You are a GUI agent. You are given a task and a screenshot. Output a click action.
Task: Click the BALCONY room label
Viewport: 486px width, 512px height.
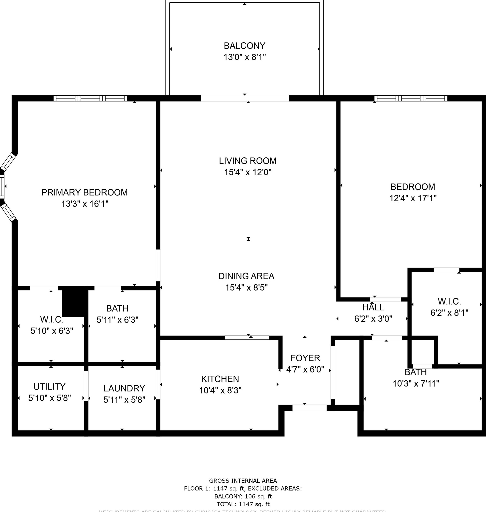tap(245, 46)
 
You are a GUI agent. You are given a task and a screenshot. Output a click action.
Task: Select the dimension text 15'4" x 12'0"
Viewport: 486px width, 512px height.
tap(248, 172)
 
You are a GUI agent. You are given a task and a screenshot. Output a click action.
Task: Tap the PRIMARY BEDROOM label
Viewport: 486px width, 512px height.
tap(84, 192)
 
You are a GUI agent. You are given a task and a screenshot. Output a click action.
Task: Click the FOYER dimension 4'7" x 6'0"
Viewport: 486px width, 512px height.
tap(305, 369)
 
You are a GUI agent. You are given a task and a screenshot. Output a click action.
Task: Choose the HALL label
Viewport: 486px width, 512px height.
tap(373, 307)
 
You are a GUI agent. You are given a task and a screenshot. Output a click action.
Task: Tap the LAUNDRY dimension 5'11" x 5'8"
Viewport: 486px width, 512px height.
tap(124, 400)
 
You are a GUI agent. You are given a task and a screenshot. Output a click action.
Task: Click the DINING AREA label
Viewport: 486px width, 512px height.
tap(246, 276)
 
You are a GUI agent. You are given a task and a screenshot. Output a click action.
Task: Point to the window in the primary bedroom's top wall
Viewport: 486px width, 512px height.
tap(90, 98)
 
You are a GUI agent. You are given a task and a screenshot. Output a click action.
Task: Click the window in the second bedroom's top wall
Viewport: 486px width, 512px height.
tap(411, 98)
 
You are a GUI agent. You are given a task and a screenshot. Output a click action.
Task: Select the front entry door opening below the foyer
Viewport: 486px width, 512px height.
tap(309, 408)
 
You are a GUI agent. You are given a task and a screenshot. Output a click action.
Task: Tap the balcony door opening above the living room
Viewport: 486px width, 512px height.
tap(245, 98)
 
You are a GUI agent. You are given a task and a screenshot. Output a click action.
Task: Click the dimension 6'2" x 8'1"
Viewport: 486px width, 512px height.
tap(449, 313)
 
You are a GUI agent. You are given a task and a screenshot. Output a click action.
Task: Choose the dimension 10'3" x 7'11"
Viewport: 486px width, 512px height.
tap(415, 383)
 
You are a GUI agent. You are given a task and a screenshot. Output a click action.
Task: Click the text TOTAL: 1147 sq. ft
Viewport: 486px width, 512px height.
tap(243, 504)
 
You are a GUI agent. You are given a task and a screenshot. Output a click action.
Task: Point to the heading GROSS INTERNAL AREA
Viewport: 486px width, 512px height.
tap(243, 481)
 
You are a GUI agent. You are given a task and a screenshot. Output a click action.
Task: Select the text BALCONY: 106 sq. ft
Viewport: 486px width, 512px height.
tap(243, 496)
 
